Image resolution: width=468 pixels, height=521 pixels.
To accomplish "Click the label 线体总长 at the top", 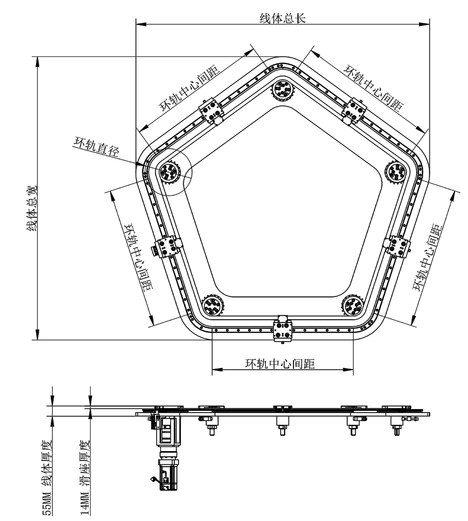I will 283,19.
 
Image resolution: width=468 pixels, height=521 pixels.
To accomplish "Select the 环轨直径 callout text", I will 97,147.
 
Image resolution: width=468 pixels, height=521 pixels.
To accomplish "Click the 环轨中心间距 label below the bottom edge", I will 280,364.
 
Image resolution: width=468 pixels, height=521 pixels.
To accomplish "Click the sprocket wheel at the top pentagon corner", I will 283,90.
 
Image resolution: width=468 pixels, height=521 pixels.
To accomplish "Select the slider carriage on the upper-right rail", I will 354,110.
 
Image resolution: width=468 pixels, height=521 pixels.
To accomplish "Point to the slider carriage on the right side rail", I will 398,246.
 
